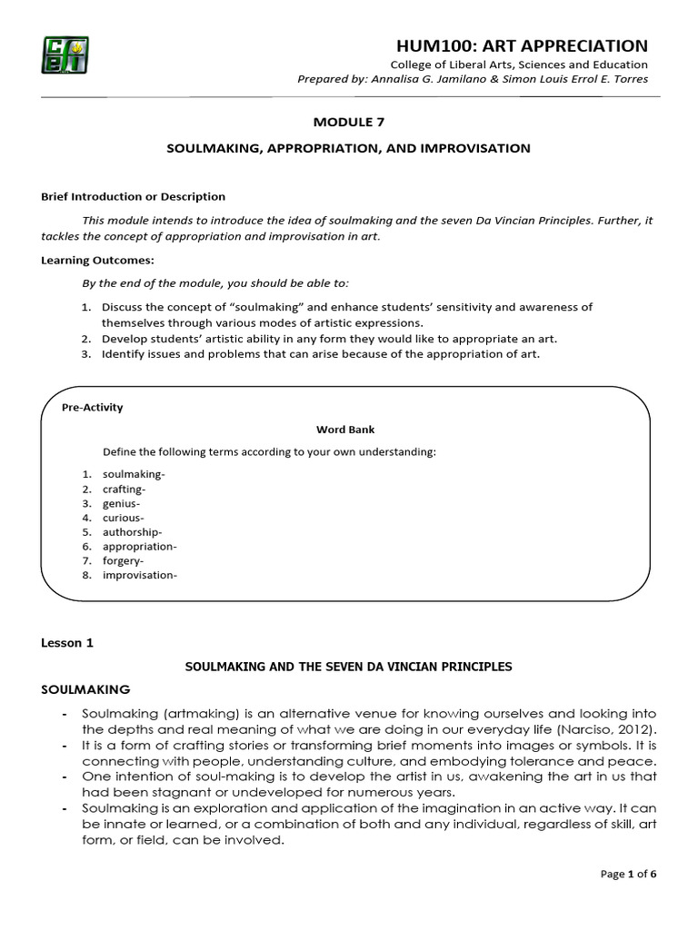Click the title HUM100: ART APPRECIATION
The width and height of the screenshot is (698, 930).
[x=522, y=45]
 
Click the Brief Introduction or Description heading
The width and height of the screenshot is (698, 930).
[x=133, y=196]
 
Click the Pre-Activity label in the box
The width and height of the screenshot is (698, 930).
[x=92, y=407]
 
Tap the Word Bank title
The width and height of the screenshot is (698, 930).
[x=344, y=430]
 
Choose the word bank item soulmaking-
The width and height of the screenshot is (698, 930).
[x=134, y=474]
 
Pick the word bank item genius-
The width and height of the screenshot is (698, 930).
[x=122, y=503]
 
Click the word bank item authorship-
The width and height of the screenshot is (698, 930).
[x=133, y=532]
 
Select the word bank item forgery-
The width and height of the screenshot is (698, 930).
[x=124, y=561]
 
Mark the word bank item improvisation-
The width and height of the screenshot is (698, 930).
[x=140, y=576]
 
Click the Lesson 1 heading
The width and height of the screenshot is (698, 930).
[x=67, y=643]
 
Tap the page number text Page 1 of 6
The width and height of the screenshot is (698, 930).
[x=628, y=874]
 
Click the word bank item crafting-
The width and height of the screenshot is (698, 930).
[x=125, y=489]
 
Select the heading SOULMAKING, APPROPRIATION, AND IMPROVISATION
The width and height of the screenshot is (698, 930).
[x=348, y=147]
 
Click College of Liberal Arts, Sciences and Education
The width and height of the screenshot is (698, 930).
[x=518, y=64]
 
